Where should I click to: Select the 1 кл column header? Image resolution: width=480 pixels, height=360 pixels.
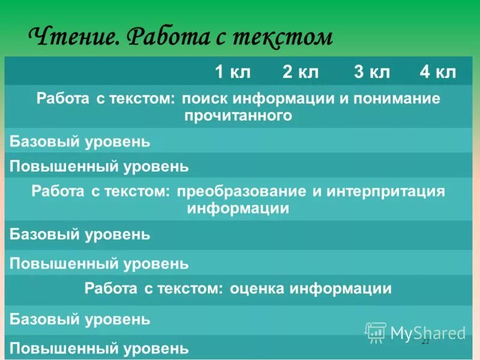click(233, 73)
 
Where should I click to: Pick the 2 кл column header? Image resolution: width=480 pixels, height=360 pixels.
click(301, 73)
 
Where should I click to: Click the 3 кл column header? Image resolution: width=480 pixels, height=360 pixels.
click(372, 73)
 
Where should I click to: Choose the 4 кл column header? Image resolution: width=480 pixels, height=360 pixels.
click(438, 73)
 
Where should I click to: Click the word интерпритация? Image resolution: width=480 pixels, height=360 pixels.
click(385, 191)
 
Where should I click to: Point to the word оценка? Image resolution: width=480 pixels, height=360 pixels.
click(256, 289)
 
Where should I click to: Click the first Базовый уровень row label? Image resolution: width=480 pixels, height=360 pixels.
click(80, 142)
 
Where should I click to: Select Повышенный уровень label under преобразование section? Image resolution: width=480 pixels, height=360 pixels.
click(99, 263)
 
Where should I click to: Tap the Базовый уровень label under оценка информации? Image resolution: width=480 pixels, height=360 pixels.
click(80, 319)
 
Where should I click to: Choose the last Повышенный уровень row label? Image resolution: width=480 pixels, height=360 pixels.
click(99, 347)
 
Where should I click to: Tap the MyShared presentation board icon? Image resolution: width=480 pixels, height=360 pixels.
click(376, 332)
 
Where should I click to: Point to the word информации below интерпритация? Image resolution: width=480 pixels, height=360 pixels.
click(238, 208)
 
